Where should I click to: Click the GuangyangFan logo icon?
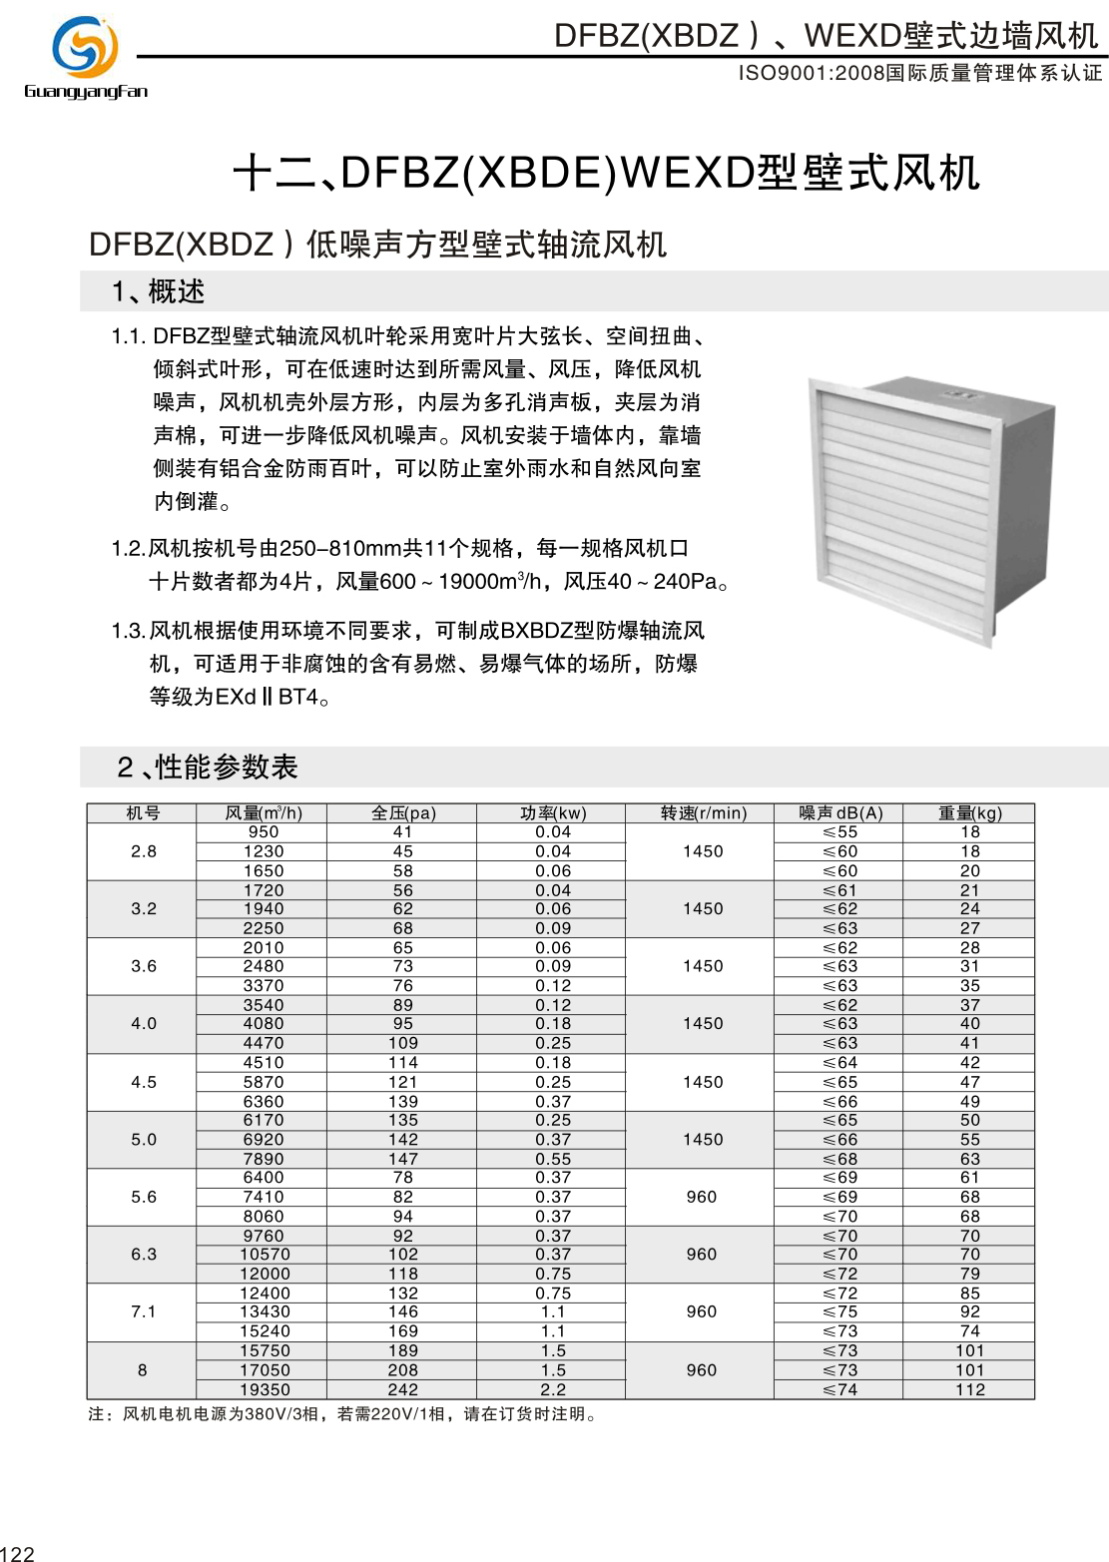coord(85,47)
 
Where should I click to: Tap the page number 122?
coord(18,1553)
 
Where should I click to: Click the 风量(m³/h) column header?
coord(264,813)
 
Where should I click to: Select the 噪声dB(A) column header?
coord(840,813)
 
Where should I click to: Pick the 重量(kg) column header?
coord(969,813)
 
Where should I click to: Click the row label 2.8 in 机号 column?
coord(144,851)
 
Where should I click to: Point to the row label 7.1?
coord(144,1311)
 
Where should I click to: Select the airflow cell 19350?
coord(265,1389)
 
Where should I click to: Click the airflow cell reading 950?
coord(264,832)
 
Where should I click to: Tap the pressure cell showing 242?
coord(403,1389)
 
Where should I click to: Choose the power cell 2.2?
coord(553,1389)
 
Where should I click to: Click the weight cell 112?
coord(970,1389)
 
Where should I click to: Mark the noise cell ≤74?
coord(840,1389)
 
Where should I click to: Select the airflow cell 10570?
coord(265,1255)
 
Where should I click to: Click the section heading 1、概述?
coord(159,292)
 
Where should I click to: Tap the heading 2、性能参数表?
coord(208,767)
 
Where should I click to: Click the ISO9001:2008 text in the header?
coord(812,74)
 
